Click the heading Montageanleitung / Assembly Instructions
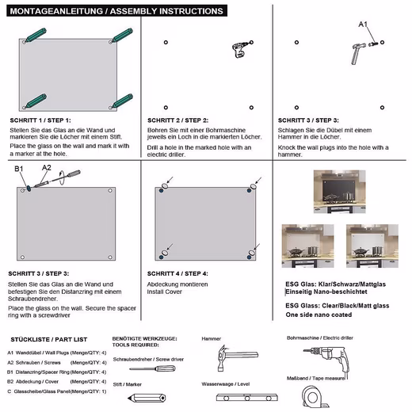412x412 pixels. [116, 11]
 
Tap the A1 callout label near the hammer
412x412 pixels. [363, 25]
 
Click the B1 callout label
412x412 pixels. [19, 169]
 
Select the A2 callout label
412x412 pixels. [47, 167]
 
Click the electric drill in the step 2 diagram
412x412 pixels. [240, 49]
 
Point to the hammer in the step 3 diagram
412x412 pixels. [357, 54]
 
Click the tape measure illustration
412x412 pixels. [315, 396]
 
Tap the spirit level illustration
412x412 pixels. [246, 398]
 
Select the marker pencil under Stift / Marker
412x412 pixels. [147, 398]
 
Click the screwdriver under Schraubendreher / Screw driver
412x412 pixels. [152, 368]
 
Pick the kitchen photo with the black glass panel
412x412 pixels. [340, 192]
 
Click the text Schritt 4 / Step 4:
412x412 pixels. [177, 273]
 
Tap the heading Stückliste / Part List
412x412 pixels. [49, 340]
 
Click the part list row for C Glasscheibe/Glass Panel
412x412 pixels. [57, 391]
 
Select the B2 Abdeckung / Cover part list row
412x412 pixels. [57, 382]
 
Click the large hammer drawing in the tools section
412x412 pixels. [237, 358]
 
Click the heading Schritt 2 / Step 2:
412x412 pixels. [177, 120]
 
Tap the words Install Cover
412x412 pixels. [165, 292]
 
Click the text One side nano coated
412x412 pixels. [319, 315]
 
